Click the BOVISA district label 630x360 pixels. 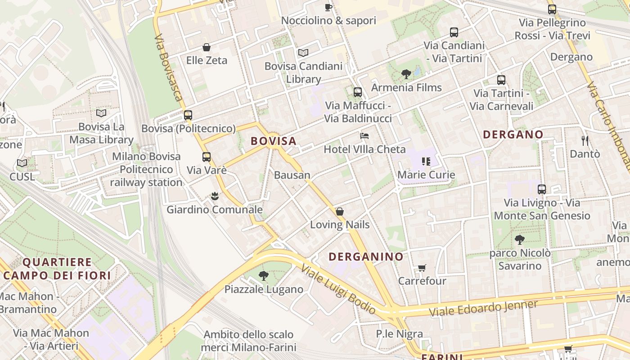pos(274,141)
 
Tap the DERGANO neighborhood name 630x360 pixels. pos(513,135)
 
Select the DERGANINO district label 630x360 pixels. pos(366,257)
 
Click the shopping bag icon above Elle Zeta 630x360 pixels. pos(207,47)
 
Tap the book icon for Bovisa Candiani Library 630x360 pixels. pos(303,53)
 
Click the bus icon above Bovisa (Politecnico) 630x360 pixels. pos(188,115)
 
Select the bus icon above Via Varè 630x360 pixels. pos(207,157)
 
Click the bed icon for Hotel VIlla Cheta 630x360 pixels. pos(364,136)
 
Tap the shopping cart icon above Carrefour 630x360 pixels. pos(422,268)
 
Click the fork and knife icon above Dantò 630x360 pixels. pos(585,141)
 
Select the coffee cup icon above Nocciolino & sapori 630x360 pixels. pos(328,7)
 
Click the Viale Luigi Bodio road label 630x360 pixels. pos(338,289)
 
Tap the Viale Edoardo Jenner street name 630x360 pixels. pos(483,308)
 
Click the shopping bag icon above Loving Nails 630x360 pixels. pos(340,211)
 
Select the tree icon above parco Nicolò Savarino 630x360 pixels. pos(520,240)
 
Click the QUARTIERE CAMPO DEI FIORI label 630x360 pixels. pos(57,269)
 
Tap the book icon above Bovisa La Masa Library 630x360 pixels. pos(101,113)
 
